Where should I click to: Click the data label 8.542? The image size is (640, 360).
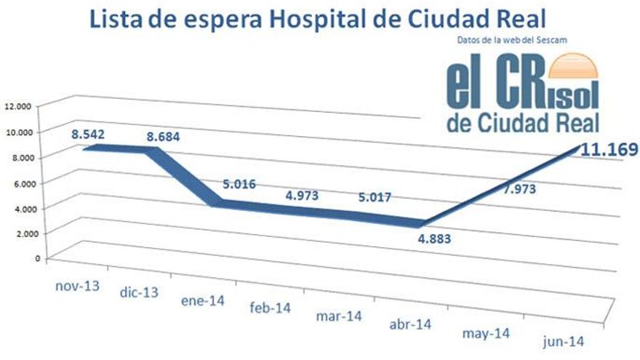(89, 134)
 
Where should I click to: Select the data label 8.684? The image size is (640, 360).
(162, 136)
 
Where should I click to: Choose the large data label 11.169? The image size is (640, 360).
(609, 150)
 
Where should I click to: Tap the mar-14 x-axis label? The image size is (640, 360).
(339, 317)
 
